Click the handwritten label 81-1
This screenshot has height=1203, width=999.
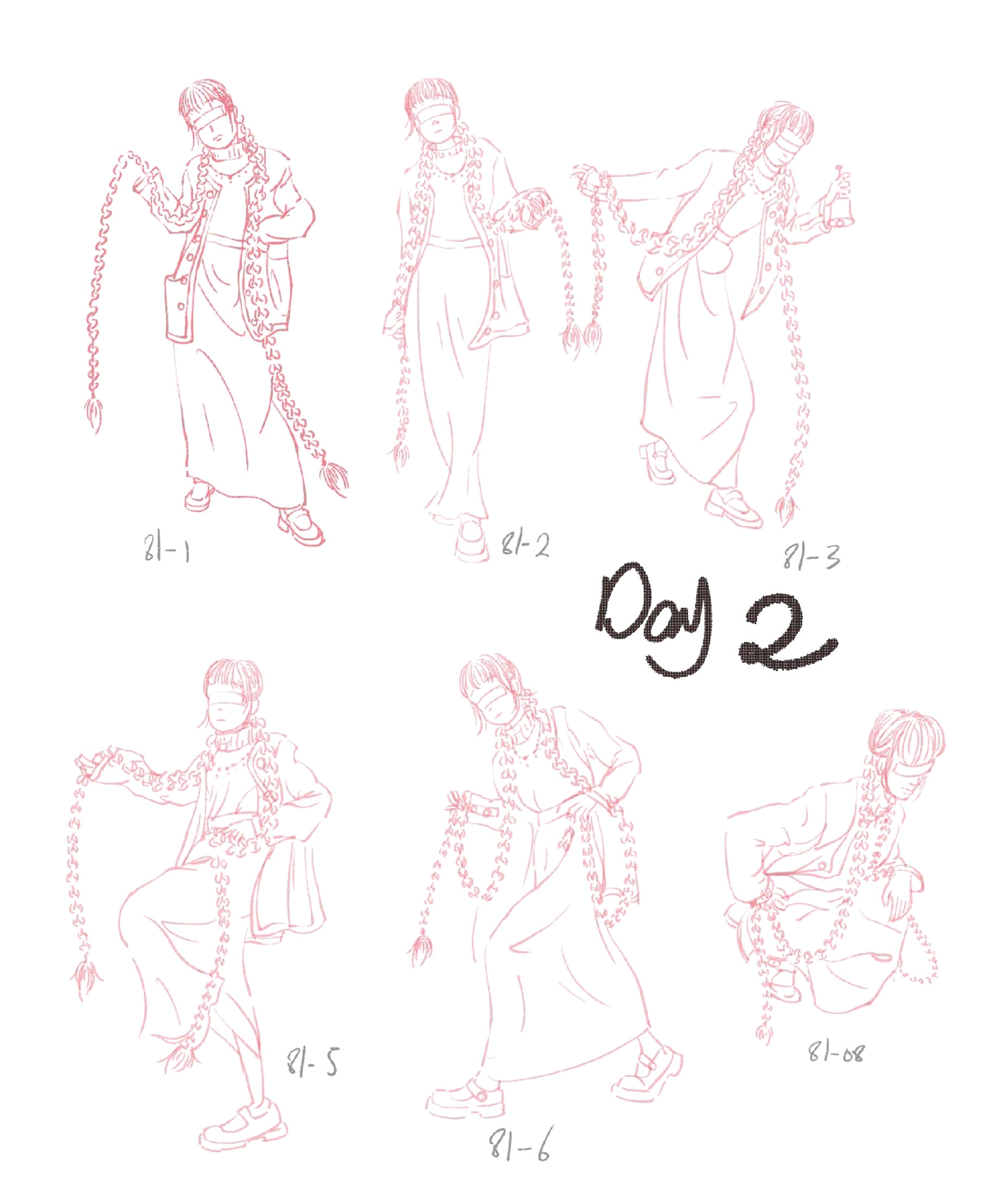(167, 549)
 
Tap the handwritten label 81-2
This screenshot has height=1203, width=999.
(525, 544)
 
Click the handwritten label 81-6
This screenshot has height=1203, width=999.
(520, 1145)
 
